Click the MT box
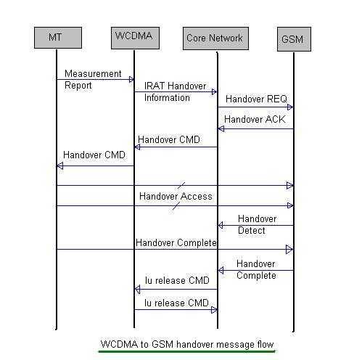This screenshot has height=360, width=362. pos(56,37)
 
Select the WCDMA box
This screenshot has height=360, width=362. pos(134,36)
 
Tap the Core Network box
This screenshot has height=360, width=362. pos(215,38)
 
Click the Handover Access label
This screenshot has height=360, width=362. pos(176,196)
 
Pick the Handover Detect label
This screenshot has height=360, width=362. pos(256,224)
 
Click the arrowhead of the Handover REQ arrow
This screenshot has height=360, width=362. pos(289,107)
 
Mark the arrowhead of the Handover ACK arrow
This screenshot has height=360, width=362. pos(221,128)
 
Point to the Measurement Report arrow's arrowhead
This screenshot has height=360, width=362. pos(131,79)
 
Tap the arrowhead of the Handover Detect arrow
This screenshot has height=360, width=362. pos(221,225)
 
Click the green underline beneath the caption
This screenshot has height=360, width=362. pos(186,351)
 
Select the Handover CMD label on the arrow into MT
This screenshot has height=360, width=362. pos(94,155)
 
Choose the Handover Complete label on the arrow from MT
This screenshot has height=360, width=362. pos(176,242)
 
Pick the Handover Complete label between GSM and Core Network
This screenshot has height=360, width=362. pos(255,269)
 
